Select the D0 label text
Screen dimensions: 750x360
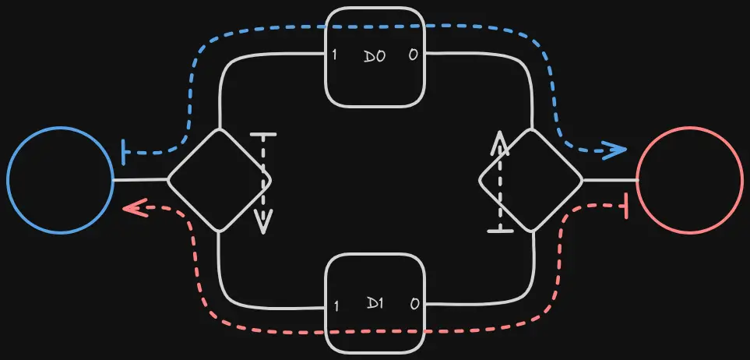click(375, 56)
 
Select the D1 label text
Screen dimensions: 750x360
click(375, 303)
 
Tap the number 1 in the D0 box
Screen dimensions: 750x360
click(334, 55)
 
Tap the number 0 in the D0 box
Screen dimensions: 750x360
click(414, 55)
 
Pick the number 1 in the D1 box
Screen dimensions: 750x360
click(336, 306)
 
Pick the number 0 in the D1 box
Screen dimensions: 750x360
click(414, 304)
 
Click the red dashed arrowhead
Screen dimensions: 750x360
click(135, 208)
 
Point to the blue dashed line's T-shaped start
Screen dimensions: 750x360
click(125, 153)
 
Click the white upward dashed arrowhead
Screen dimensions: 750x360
click(499, 143)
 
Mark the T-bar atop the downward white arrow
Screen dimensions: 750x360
click(263, 135)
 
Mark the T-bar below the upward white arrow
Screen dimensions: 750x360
click(500, 231)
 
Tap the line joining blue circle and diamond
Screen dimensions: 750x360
click(140, 181)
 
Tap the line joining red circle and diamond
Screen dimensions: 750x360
click(611, 181)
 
